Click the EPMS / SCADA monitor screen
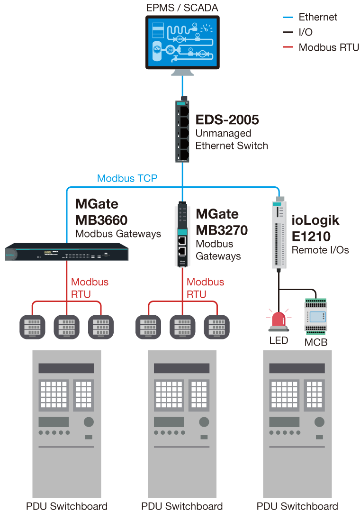point(182,42)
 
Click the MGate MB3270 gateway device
point(182,235)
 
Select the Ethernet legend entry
point(317,18)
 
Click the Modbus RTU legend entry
point(328,47)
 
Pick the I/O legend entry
point(306,32)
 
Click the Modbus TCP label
point(127,179)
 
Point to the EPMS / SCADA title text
point(182,7)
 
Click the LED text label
point(279,341)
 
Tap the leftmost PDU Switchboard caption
point(67,506)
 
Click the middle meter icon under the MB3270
point(182,327)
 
